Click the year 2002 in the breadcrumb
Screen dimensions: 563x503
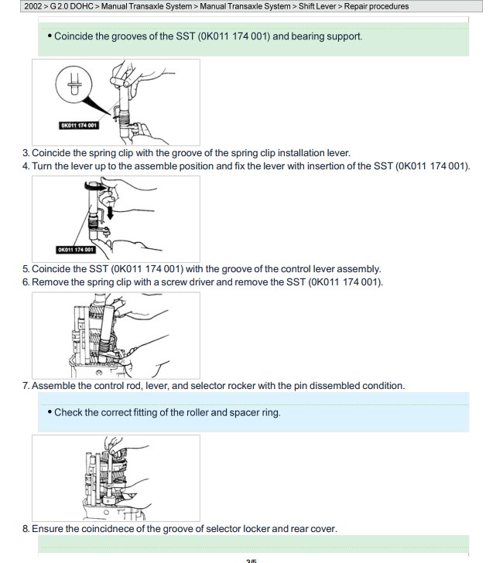pyautogui.click(x=33, y=6)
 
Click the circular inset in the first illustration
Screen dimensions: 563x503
pyautogui.click(x=74, y=84)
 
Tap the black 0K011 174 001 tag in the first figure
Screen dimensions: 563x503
pyautogui.click(x=79, y=125)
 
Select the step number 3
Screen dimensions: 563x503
pyautogui.click(x=26, y=153)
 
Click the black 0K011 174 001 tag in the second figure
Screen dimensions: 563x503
pyautogui.click(x=76, y=250)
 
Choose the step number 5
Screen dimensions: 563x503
pyautogui.click(x=26, y=269)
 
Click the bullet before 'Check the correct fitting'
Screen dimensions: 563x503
pyautogui.click(x=50, y=412)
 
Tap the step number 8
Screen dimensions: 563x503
pyautogui.click(x=26, y=529)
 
